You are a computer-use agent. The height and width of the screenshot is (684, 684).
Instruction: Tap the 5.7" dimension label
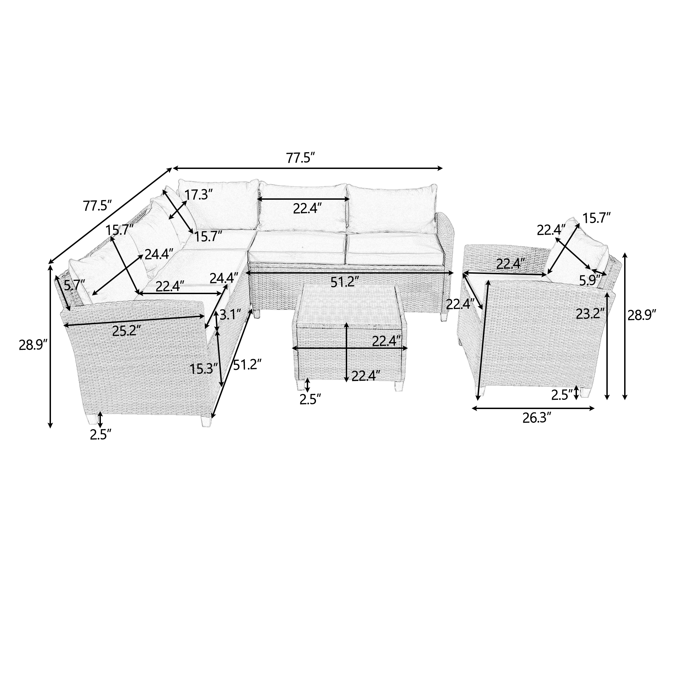(x=75, y=284)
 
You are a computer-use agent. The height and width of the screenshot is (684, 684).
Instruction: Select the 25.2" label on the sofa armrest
(x=124, y=331)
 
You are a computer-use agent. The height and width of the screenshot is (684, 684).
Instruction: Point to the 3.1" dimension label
(x=231, y=315)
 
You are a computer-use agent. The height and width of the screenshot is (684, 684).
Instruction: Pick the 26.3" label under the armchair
(x=537, y=419)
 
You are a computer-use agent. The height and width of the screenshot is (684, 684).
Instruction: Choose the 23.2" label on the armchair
(x=590, y=313)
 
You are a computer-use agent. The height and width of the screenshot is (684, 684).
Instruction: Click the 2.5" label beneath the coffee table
(x=310, y=399)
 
